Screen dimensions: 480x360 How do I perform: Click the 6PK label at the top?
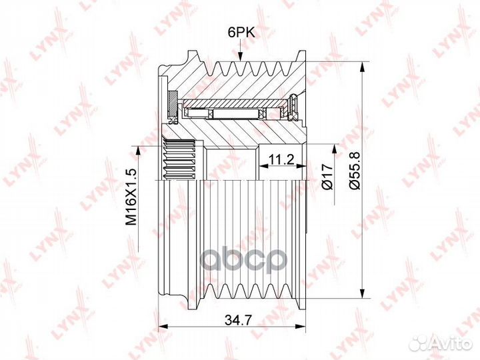point(241,32)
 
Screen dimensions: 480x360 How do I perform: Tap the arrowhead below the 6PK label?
point(241,56)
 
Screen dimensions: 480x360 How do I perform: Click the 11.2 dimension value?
point(281,159)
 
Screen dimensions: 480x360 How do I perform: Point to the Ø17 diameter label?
point(327,177)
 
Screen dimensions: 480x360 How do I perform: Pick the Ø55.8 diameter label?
point(355,171)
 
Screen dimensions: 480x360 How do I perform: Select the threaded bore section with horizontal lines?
point(180,159)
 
